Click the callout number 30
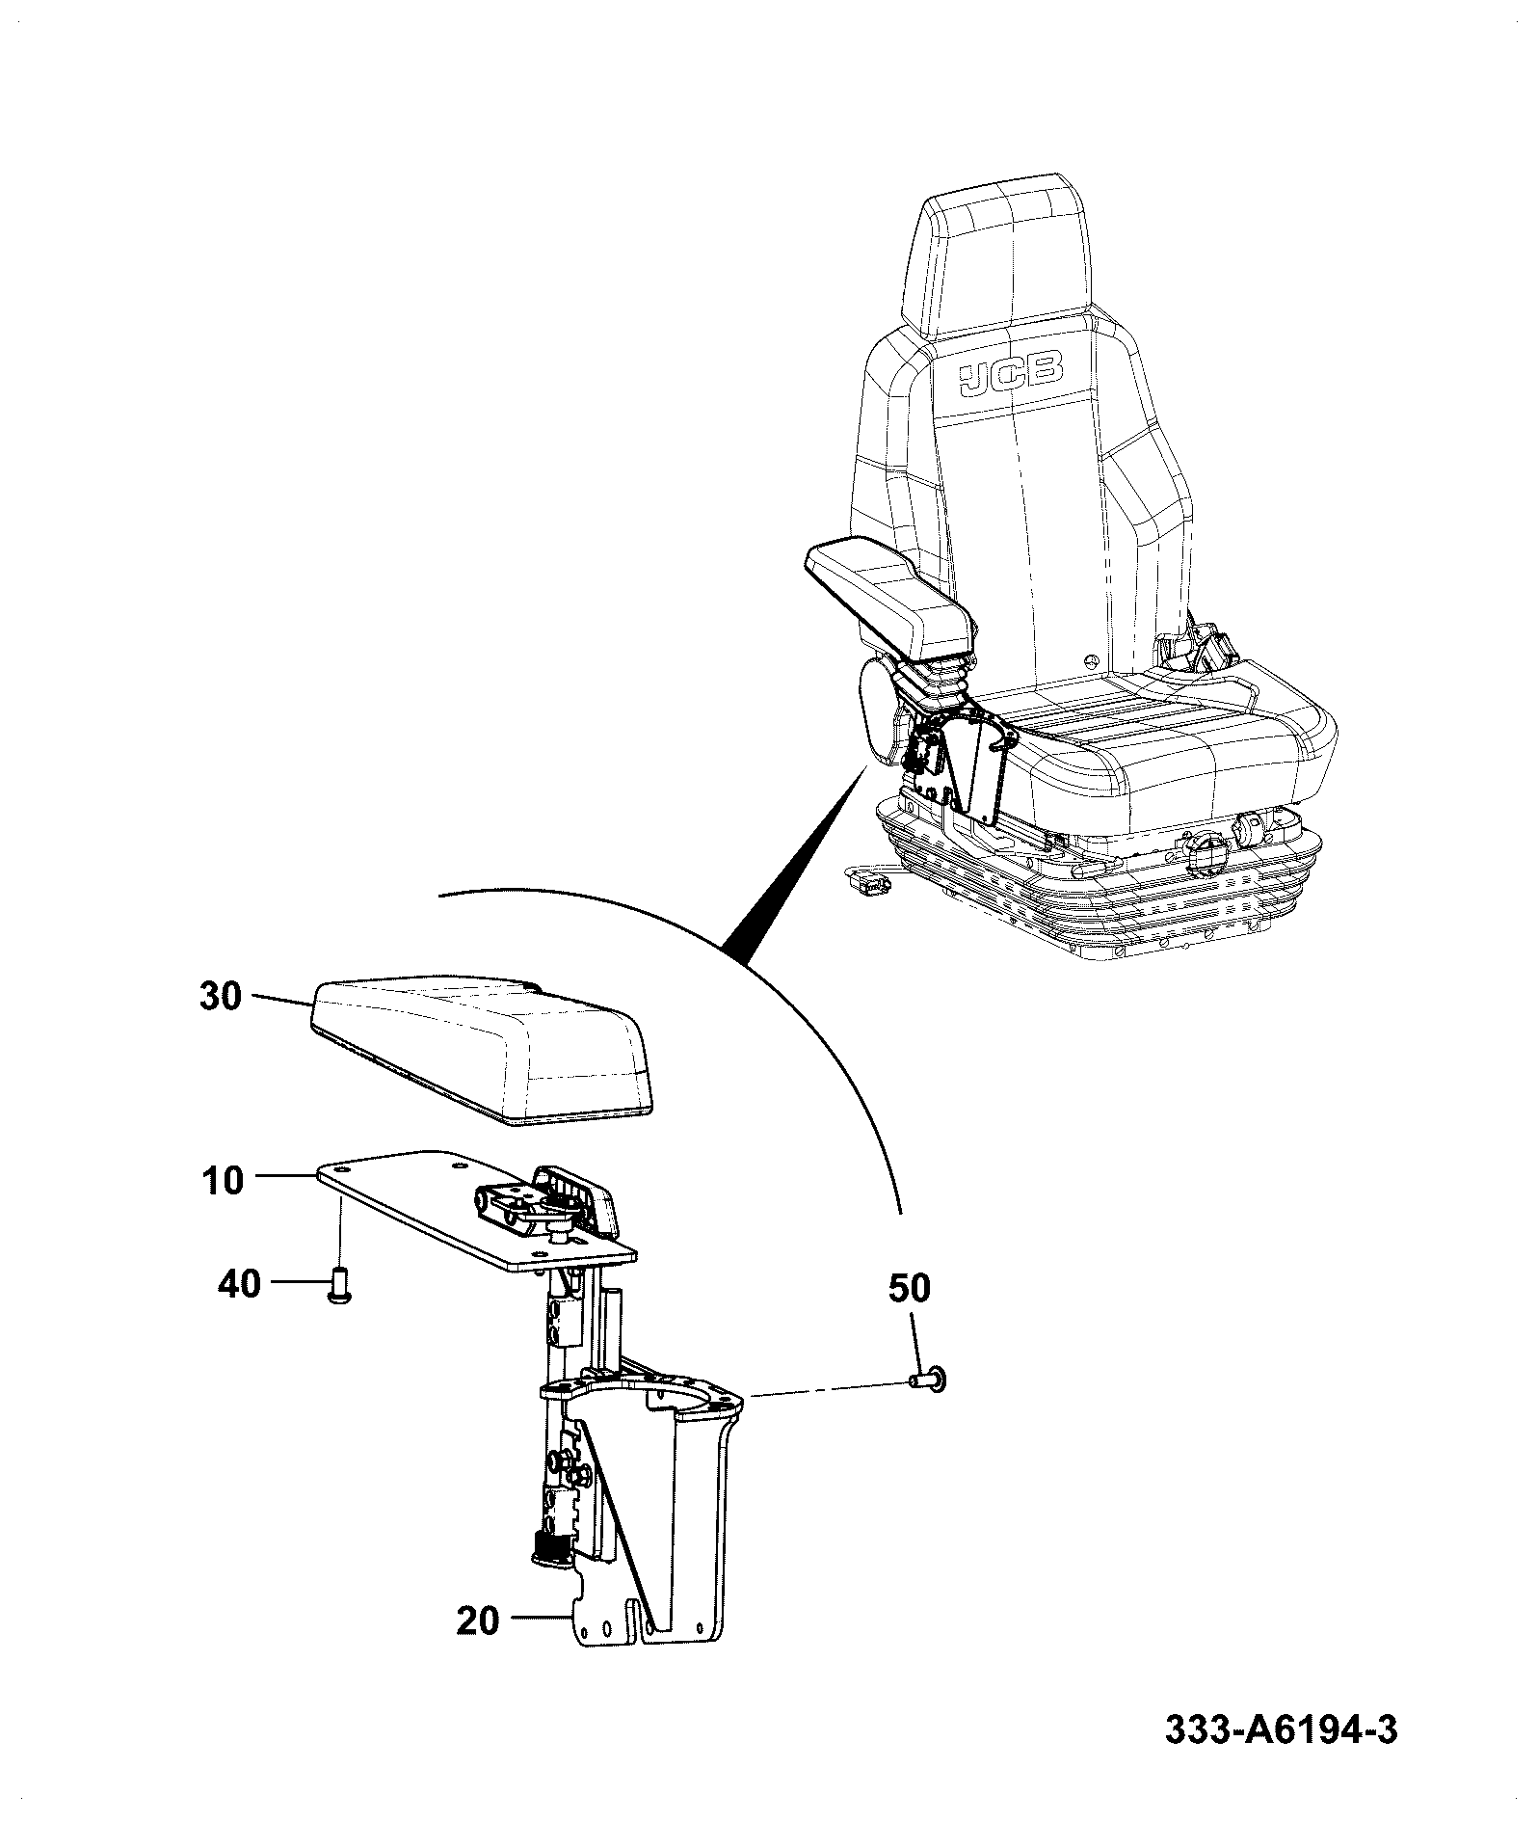point(220,997)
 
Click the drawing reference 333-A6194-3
point(1281,1755)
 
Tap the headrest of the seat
point(1002,255)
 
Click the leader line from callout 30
point(279,1000)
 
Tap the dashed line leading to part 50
point(828,1389)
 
